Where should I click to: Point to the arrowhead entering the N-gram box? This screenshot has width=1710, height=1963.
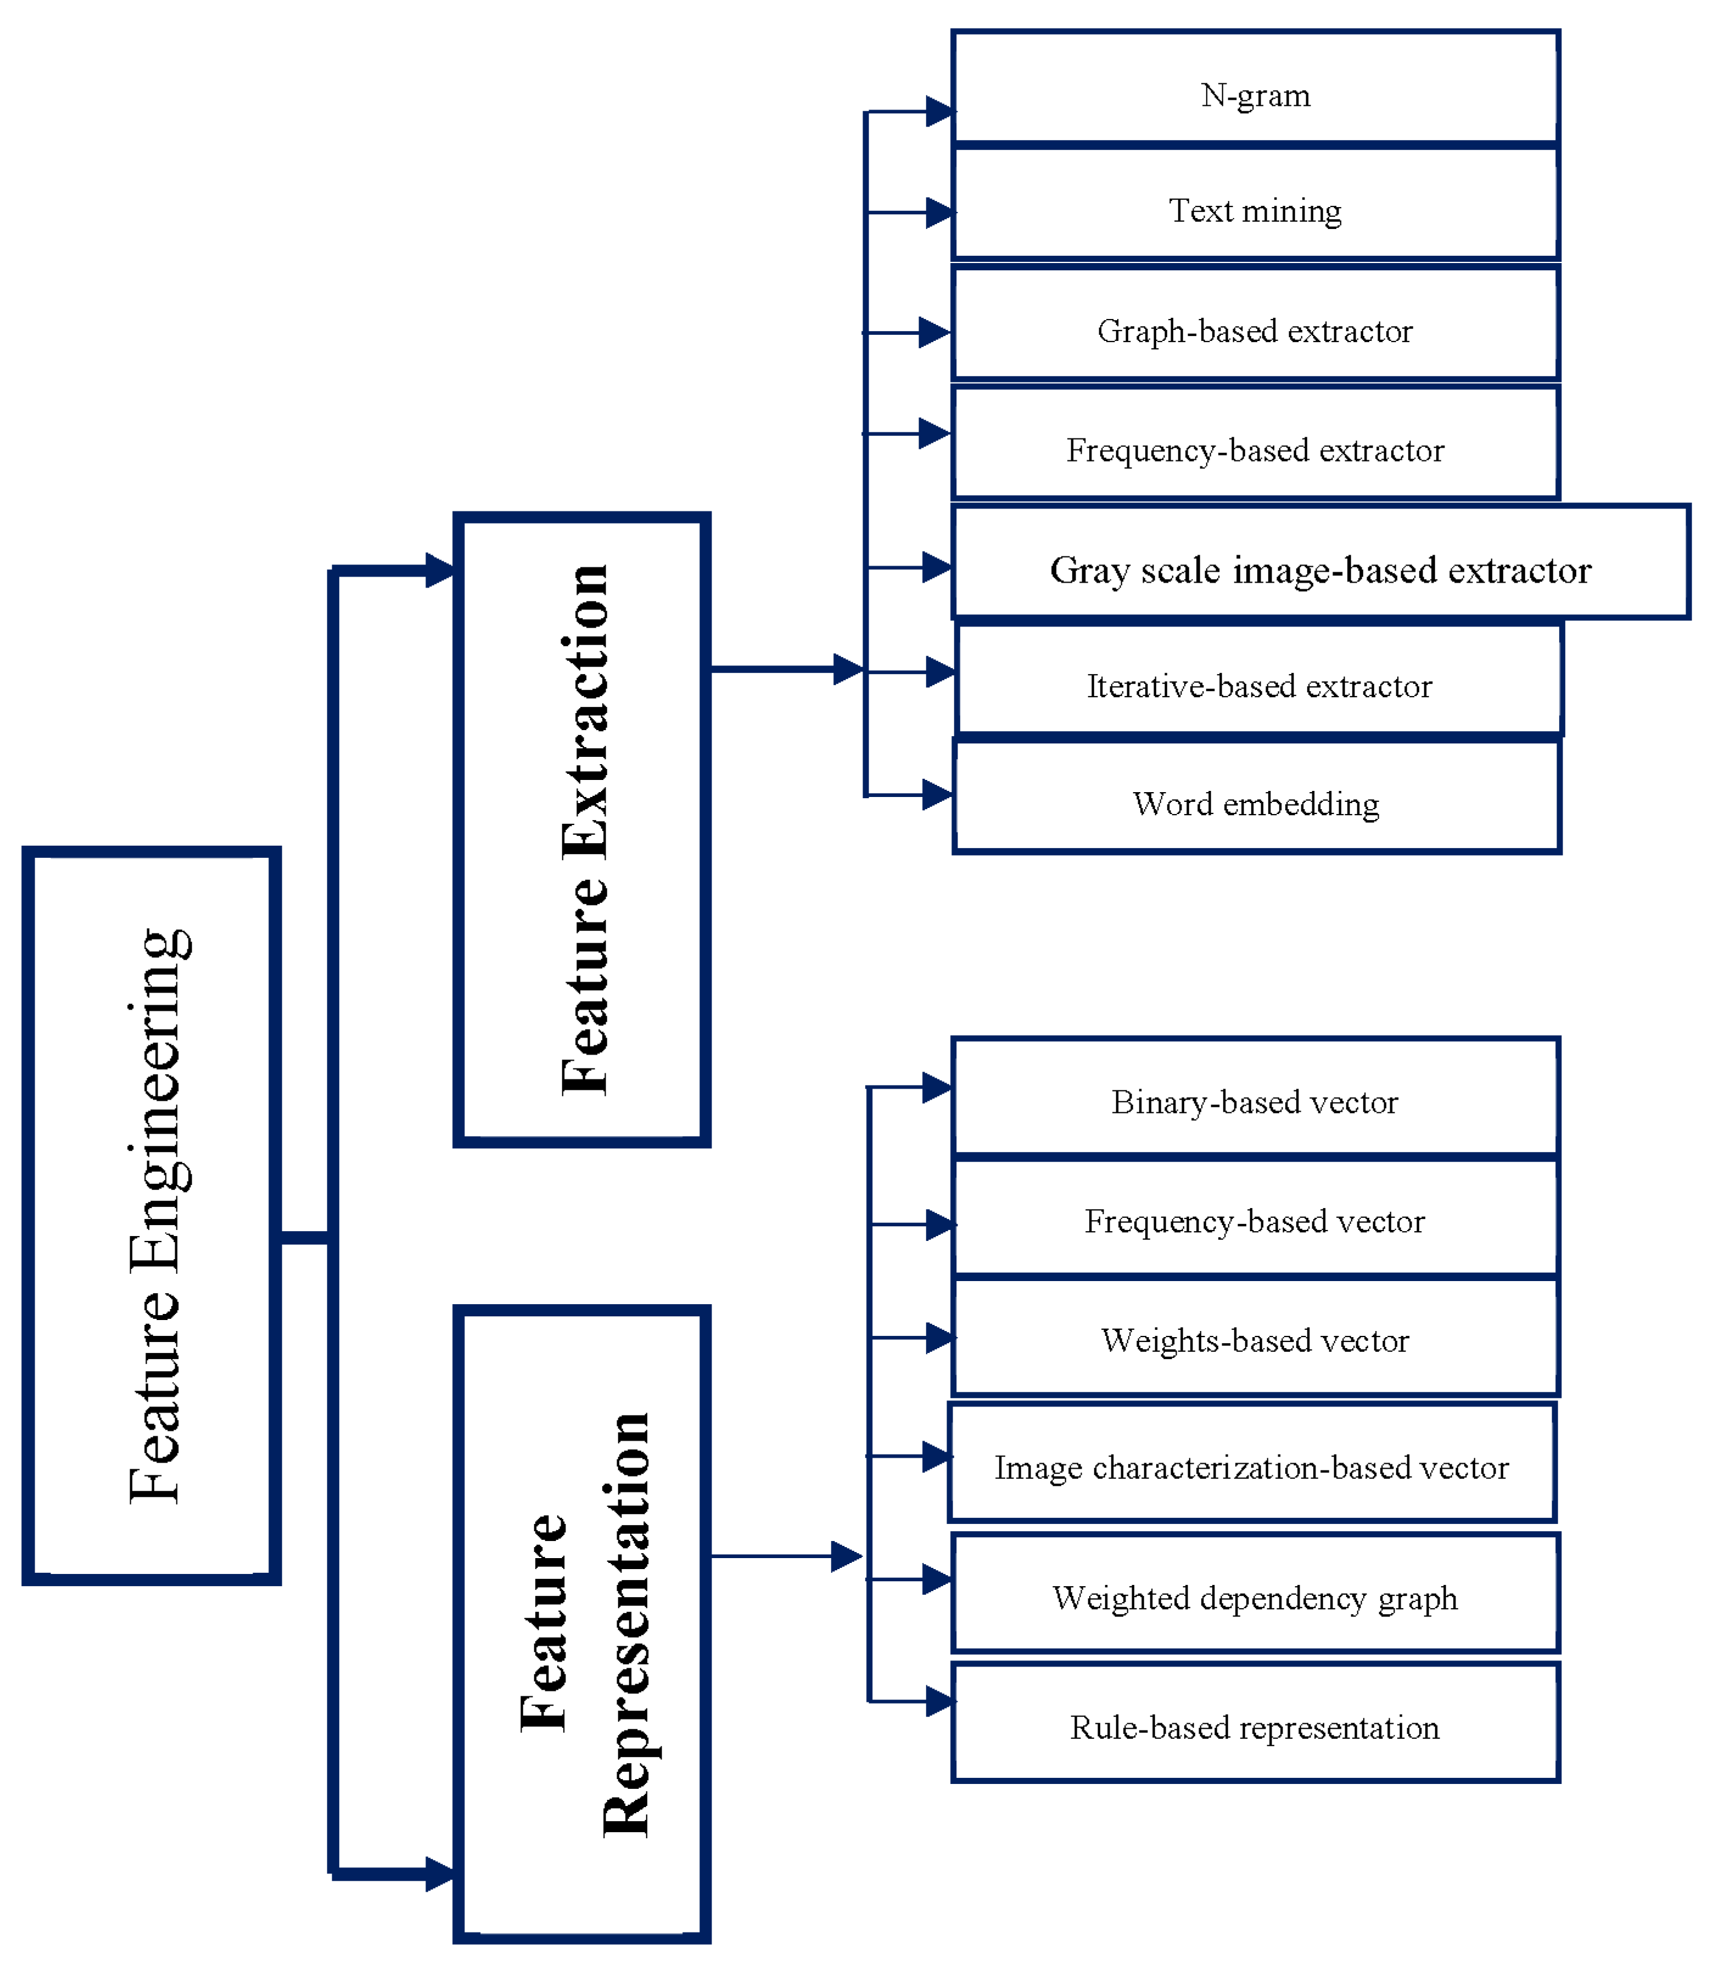(x=939, y=111)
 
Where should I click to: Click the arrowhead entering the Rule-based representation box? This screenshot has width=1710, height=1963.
(x=939, y=1702)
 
